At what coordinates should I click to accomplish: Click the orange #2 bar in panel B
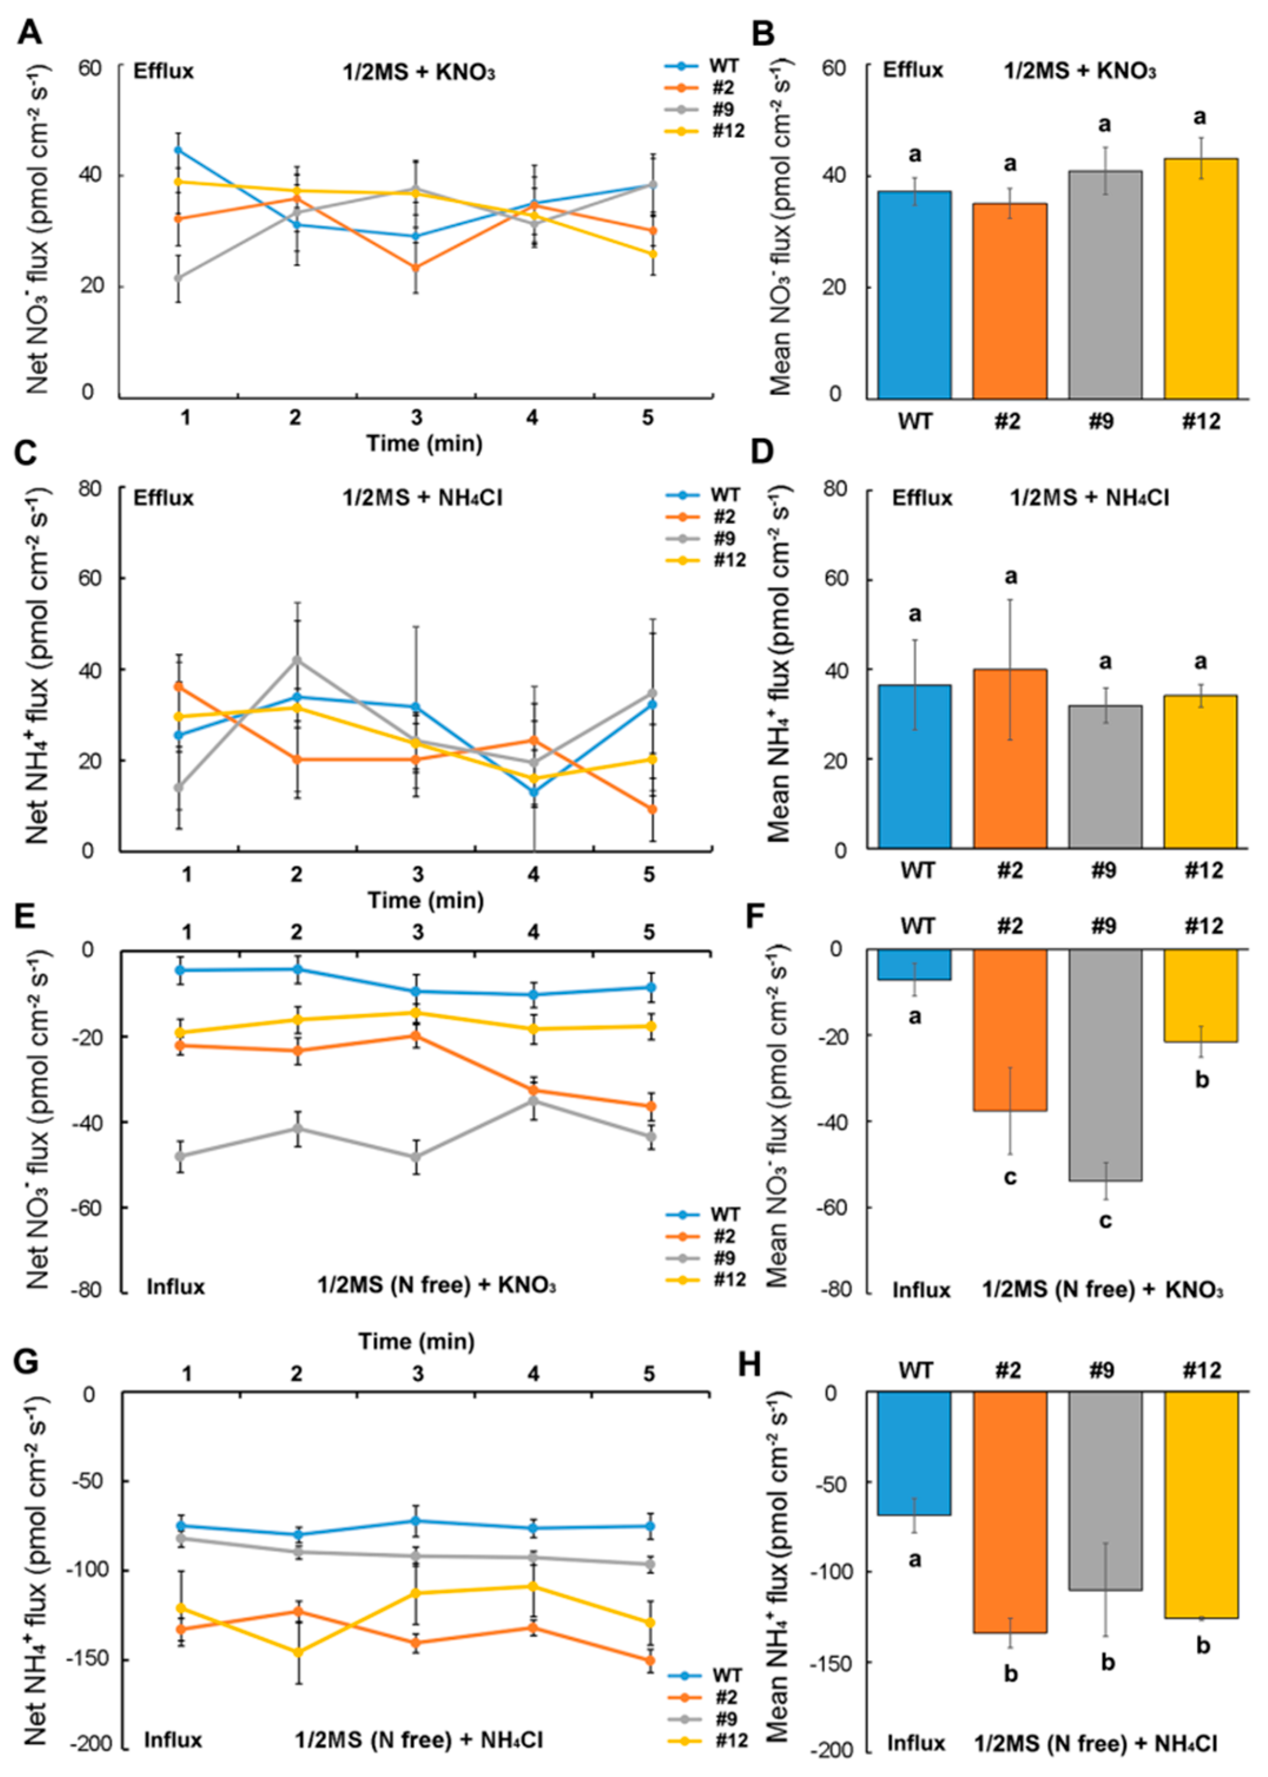[1009, 301]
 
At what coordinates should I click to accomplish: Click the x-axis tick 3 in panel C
[418, 874]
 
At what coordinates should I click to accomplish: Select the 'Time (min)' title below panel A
[425, 444]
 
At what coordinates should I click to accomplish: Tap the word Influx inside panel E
[175, 1286]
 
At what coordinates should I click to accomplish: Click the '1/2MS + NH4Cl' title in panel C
[422, 498]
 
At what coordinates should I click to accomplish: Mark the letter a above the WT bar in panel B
[914, 154]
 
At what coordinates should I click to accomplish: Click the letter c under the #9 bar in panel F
[1105, 1220]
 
